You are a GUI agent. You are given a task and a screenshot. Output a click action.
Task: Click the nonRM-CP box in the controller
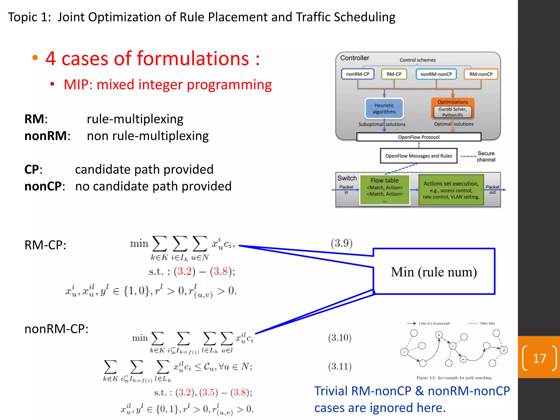(x=357, y=74)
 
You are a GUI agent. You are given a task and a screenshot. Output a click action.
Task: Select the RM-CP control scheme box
(x=394, y=74)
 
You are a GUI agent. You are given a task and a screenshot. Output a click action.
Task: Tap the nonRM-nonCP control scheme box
(x=436, y=74)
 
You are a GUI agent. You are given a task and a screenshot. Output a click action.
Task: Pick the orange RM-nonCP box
(x=481, y=74)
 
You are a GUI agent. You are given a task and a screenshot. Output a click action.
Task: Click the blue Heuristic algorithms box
(x=384, y=109)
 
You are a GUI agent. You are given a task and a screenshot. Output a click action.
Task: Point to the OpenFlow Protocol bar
(x=419, y=137)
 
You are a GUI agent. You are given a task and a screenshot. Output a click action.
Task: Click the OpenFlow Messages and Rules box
(x=419, y=156)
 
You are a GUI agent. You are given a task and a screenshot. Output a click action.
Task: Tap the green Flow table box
(x=384, y=190)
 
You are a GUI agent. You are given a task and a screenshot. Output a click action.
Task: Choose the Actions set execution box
(x=451, y=190)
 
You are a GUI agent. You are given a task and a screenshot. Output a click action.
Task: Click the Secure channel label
(x=486, y=156)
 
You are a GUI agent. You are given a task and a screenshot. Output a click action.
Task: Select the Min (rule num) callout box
(x=434, y=272)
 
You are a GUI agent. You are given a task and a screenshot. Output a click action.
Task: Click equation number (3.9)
(x=341, y=243)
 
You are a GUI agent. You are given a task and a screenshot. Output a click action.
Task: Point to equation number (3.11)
(x=340, y=366)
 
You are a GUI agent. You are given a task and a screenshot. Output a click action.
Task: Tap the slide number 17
(x=539, y=358)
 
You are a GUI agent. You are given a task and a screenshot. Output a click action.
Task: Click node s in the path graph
(x=404, y=352)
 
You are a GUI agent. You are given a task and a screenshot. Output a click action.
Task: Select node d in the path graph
(x=504, y=350)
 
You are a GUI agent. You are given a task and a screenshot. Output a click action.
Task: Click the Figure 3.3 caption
(x=454, y=378)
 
